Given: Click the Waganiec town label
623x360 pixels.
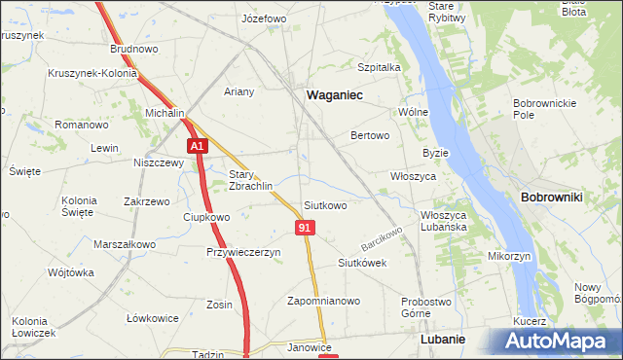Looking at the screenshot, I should (334, 95).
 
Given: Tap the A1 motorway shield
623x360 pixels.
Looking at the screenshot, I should (198, 146).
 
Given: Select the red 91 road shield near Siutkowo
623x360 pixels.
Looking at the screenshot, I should (306, 228).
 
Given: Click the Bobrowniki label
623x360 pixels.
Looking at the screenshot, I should (552, 198).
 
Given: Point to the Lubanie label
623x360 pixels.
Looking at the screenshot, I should (441, 341).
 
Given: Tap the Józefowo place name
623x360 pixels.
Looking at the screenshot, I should (264, 18).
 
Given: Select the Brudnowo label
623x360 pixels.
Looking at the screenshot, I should (134, 48).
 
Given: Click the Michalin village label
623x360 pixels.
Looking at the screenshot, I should (165, 114).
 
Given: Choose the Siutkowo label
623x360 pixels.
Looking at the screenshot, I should (325, 205).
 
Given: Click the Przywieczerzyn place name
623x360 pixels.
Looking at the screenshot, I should (243, 252).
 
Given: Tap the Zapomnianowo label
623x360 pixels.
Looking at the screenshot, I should (323, 301).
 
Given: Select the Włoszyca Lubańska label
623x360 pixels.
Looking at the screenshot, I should (444, 220).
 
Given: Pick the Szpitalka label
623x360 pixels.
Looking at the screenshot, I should (380, 67).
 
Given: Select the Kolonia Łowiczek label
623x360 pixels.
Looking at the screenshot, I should (29, 327).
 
